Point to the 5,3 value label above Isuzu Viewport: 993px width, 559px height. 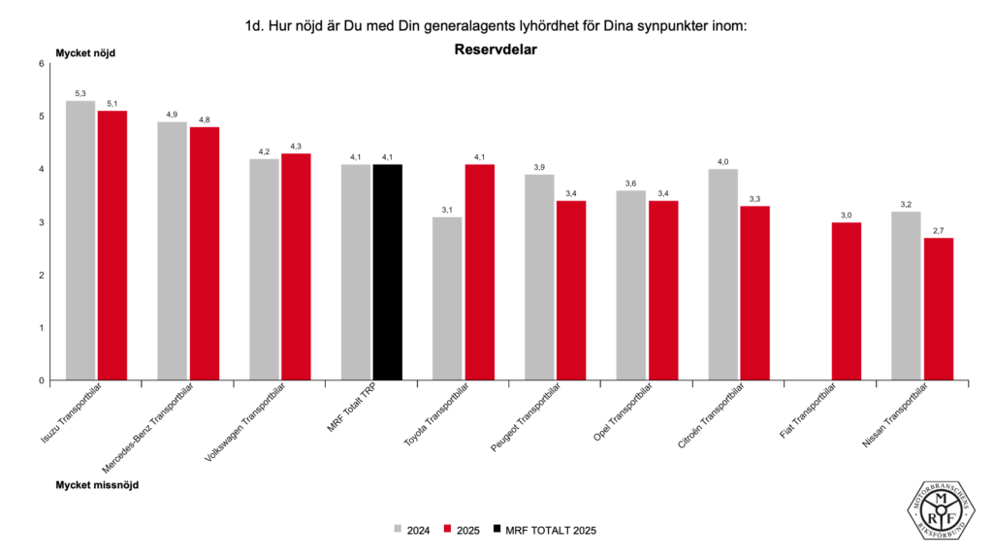click(x=80, y=93)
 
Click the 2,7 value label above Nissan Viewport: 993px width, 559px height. click(x=938, y=231)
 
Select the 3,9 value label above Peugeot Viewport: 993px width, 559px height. click(x=539, y=167)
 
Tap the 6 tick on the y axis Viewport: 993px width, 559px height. click(x=41, y=64)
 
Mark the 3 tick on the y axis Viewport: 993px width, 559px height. click(x=41, y=222)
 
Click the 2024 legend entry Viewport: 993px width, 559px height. click(x=411, y=530)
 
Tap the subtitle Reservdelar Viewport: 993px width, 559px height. click(x=496, y=49)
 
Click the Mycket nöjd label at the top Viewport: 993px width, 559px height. click(x=84, y=53)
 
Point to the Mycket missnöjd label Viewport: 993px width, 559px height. click(x=97, y=484)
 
